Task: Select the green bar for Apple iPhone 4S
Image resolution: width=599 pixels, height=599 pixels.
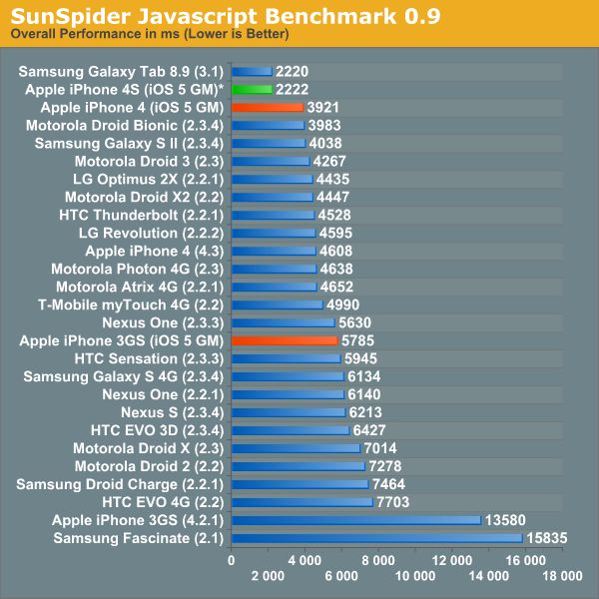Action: (x=252, y=90)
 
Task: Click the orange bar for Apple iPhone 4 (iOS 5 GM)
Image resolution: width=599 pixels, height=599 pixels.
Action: (x=267, y=107)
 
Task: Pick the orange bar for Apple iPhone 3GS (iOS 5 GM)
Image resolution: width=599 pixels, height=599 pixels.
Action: (x=284, y=340)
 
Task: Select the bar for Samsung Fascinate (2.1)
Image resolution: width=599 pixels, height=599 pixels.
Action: (x=376, y=538)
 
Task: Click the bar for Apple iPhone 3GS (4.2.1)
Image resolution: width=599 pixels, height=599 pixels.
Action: (x=355, y=520)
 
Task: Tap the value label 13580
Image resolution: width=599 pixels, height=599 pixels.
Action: (x=505, y=520)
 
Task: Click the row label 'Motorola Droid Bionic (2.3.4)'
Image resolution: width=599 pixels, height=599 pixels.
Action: (x=133, y=125)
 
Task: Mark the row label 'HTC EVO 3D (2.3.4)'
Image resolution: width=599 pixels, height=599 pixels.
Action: (x=163, y=430)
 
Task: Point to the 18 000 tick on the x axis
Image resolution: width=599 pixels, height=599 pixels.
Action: (x=563, y=576)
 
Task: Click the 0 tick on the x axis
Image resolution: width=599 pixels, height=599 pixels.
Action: (x=232, y=561)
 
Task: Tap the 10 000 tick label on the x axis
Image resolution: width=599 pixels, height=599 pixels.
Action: (x=415, y=576)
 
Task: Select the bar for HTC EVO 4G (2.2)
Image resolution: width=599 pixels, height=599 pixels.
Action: (x=301, y=502)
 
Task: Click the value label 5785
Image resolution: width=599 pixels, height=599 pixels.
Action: (x=360, y=340)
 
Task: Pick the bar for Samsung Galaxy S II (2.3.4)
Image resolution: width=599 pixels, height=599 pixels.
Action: (x=269, y=143)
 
